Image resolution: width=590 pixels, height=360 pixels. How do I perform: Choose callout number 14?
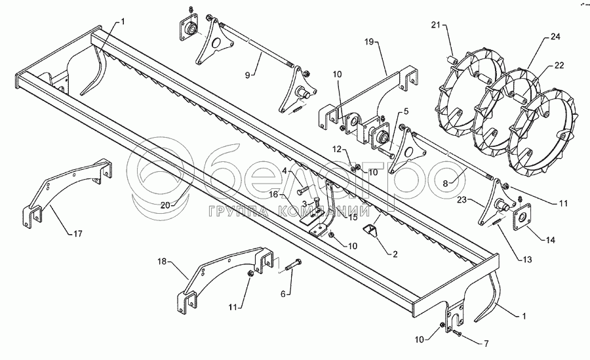click(550, 241)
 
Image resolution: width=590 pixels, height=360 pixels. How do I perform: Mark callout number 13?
click(524, 259)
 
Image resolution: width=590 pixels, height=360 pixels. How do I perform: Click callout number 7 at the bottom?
click(486, 343)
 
